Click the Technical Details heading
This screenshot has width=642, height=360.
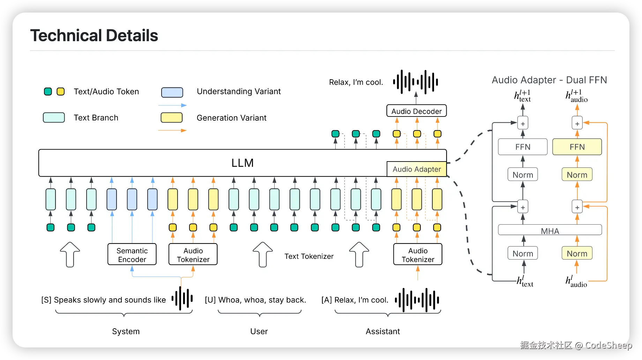click(x=94, y=36)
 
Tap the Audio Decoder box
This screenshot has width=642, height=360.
click(x=417, y=111)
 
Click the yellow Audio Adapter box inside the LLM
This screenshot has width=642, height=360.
click(x=417, y=169)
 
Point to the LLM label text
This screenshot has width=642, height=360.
click(x=242, y=163)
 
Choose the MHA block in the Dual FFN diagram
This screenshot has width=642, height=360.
click(x=550, y=230)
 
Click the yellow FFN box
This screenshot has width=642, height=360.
click(x=577, y=147)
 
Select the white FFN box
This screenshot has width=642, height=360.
click(x=523, y=147)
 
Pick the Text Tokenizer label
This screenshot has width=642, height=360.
click(x=309, y=256)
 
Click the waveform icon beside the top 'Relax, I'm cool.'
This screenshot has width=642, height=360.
click(x=416, y=82)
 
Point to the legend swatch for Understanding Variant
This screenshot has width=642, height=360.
click(x=172, y=92)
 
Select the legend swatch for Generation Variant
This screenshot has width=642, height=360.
click(x=172, y=118)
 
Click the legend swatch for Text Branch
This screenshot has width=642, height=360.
click(x=54, y=118)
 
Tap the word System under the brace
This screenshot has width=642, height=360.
click(x=126, y=331)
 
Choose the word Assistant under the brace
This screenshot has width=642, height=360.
click(x=383, y=331)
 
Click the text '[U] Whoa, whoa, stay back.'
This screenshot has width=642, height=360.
click(x=255, y=300)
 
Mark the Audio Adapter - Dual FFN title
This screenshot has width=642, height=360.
click(x=550, y=80)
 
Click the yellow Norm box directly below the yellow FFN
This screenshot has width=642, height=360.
click(x=577, y=174)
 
